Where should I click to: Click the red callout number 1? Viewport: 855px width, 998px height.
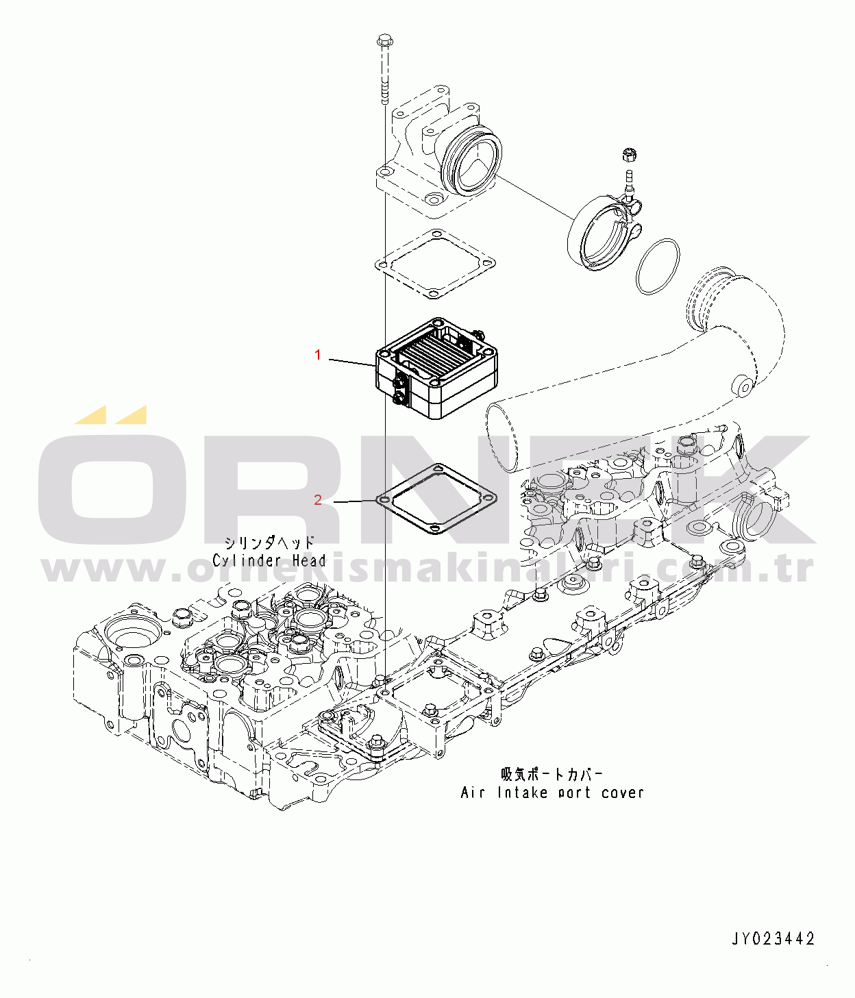tap(317, 355)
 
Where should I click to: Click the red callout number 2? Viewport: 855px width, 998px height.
tap(317, 500)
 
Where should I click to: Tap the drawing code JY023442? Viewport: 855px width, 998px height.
tap(773, 938)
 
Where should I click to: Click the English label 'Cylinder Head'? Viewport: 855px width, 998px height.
tap(269, 560)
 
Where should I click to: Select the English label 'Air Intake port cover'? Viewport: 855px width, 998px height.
tap(552, 793)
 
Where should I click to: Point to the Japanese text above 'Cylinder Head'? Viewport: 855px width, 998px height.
tap(269, 542)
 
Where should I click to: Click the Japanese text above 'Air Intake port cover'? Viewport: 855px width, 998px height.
tap(552, 775)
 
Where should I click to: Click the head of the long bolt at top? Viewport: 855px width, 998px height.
tap(384, 40)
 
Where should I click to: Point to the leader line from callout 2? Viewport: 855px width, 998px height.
tap(355, 501)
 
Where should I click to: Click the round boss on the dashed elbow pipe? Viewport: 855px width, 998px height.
tap(743, 387)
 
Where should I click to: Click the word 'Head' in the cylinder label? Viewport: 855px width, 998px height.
tap(309, 560)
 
